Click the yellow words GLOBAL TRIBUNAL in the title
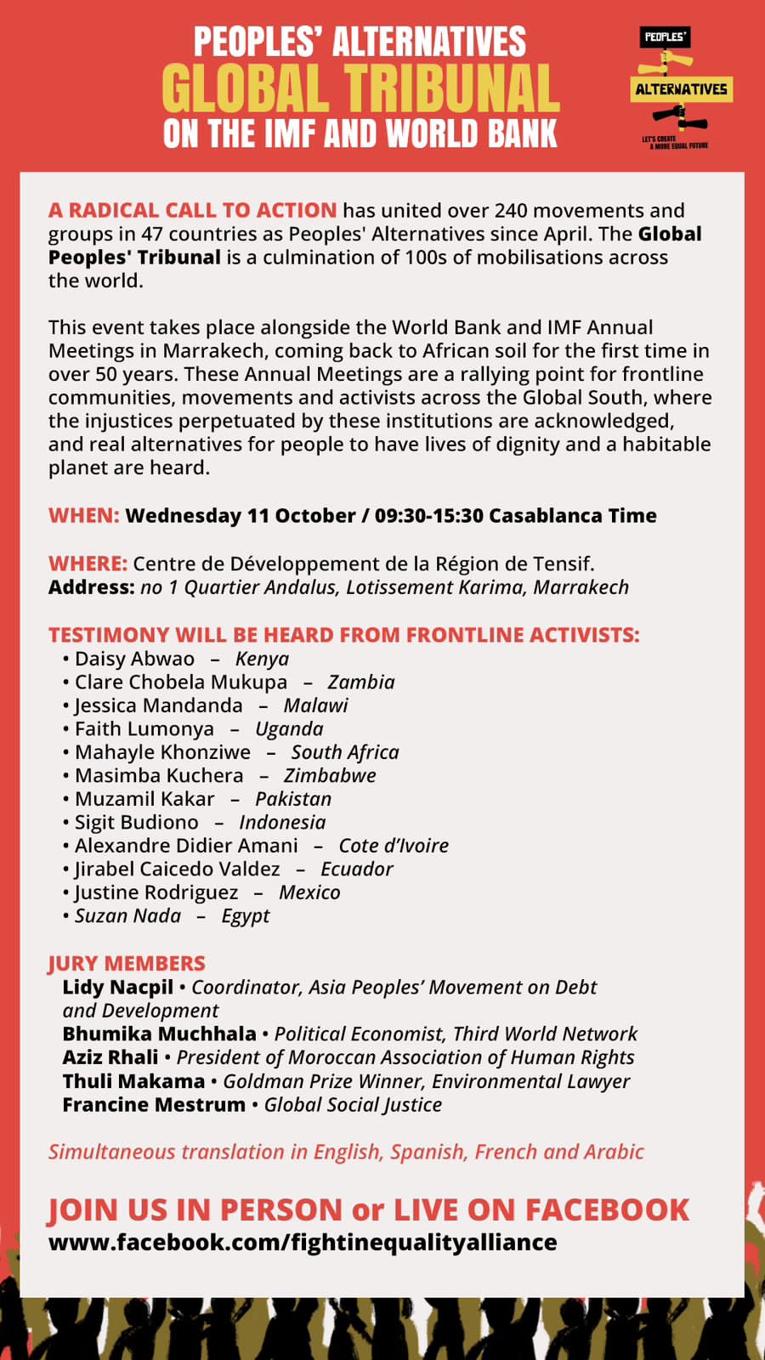coord(360,89)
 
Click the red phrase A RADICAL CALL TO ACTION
coord(192,211)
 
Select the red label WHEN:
coord(83,516)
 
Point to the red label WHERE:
coord(88,564)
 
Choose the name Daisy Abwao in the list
coord(134,660)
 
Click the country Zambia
coord(360,683)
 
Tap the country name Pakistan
coord(292,800)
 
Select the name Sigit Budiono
coord(136,823)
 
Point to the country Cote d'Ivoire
coord(393,847)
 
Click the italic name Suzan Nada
coord(127,916)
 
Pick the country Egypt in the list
coord(245,916)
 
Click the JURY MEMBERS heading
coord(127,964)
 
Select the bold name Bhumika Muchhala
coord(159,1034)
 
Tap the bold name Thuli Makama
coord(133,1081)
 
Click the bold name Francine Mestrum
coord(154,1105)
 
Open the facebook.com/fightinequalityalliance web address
coord(303,1243)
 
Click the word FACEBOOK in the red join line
coord(607,1210)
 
